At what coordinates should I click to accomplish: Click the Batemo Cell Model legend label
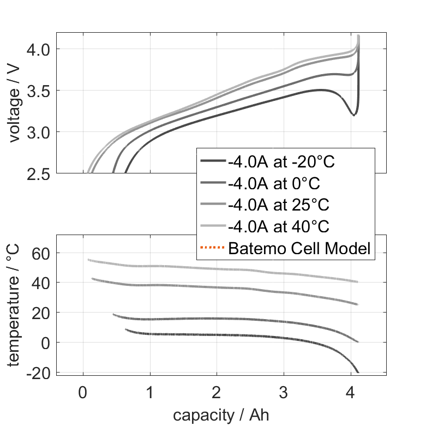[x=299, y=249]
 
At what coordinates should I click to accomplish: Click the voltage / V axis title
[x=15, y=104]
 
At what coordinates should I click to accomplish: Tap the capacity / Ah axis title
[x=221, y=415]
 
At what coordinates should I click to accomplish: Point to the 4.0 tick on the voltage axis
[x=38, y=49]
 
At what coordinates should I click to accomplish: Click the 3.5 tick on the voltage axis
[x=38, y=91]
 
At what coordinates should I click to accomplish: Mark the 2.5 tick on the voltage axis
[x=38, y=173]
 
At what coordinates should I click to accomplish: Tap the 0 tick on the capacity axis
[x=83, y=393]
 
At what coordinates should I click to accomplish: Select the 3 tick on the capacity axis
[x=284, y=393]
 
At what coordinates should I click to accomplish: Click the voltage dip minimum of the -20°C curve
[x=353, y=115]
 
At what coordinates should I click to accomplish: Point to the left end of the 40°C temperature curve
[x=89, y=260]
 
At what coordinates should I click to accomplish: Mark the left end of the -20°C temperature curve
[x=126, y=329]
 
